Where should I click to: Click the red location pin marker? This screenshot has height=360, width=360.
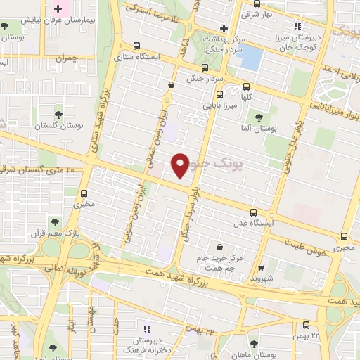point(181,165)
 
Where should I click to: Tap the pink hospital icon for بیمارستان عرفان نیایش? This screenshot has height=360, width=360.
point(58,10)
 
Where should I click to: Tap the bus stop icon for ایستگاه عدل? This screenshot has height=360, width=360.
point(253,212)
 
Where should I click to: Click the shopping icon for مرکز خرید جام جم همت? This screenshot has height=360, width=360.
point(220,247)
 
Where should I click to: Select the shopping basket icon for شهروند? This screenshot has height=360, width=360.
point(261,267)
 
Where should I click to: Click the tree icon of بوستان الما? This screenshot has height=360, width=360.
point(259,117)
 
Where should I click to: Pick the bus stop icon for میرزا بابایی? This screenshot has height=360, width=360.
point(219,95)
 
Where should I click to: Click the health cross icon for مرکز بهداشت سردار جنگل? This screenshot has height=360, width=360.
point(224,29)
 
